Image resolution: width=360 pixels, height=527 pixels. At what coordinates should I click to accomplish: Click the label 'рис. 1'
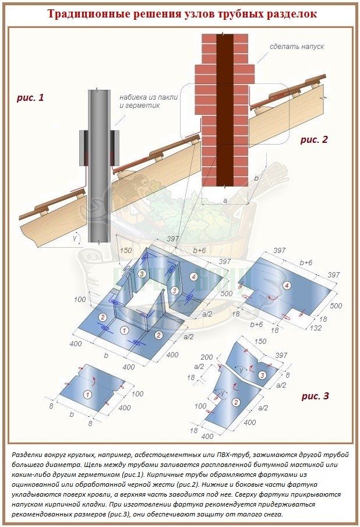(30, 98)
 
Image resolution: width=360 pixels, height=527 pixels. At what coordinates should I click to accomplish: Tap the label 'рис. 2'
(313, 139)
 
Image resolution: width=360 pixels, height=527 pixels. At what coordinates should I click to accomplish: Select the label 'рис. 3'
(315, 396)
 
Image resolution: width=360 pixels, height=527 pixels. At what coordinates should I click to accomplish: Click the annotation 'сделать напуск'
(297, 47)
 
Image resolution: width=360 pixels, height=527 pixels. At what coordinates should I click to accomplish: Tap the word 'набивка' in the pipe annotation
(132, 97)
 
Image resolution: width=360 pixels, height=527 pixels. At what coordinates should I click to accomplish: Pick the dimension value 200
(207, 357)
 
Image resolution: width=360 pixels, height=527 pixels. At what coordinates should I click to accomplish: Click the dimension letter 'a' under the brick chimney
(225, 201)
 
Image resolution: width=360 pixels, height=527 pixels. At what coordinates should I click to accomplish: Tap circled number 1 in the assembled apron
(124, 331)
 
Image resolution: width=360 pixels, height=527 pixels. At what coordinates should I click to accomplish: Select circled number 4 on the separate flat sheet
(287, 286)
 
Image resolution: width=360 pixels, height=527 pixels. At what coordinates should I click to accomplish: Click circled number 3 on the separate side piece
(262, 375)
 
